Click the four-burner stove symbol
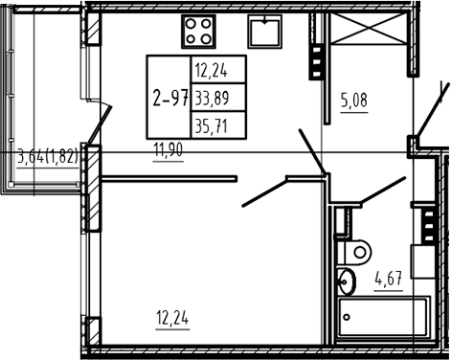point(198,32)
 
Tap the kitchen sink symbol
point(265,32)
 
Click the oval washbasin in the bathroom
point(347,281)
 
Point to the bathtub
point(383,317)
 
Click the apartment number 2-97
point(170,98)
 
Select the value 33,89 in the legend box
point(212,98)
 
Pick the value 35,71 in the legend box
point(212,126)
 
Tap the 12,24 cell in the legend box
point(212,71)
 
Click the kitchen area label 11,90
point(169,150)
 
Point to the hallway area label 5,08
point(354,100)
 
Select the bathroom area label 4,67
point(389,279)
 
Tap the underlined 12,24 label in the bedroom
point(172,318)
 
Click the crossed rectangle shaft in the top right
point(370,28)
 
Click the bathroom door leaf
point(382,190)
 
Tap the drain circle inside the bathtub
point(347,317)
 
